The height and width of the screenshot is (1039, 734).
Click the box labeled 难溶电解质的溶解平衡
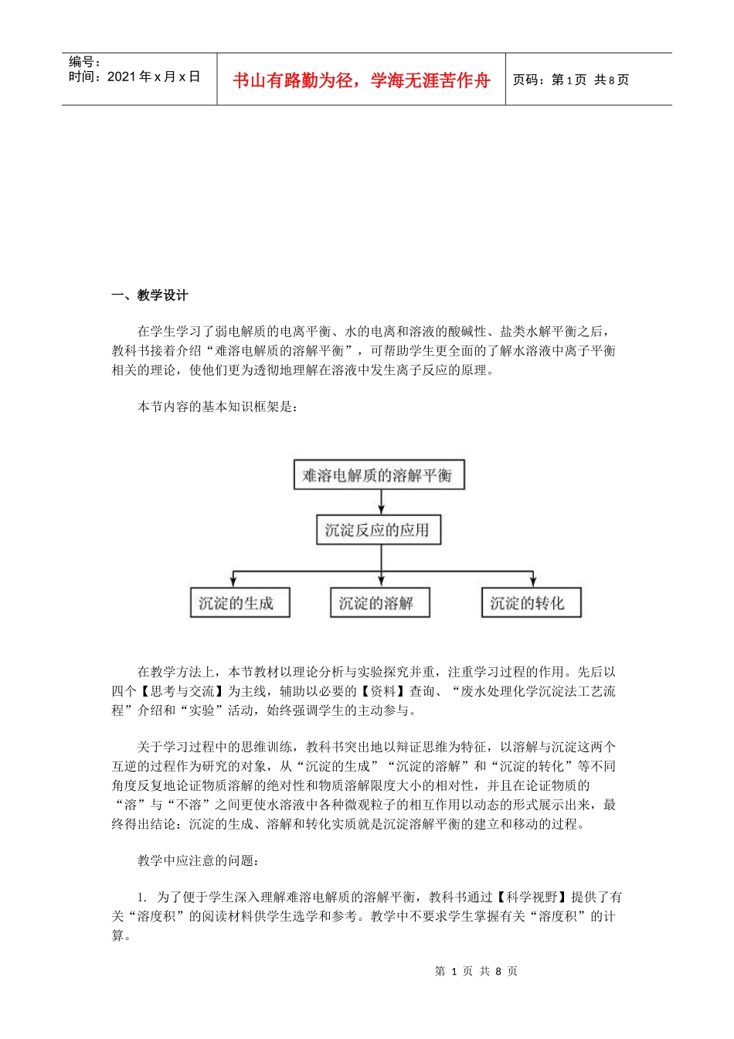coord(378,475)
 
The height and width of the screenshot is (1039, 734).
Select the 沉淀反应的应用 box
coord(378,530)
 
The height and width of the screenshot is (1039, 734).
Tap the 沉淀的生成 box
coord(240,603)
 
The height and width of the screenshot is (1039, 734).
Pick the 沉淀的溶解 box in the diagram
coord(379,603)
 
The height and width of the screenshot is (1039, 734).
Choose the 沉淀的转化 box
coord(530,603)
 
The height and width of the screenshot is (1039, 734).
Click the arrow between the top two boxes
coord(381,502)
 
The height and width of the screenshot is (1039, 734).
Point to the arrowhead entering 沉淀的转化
coord(532,581)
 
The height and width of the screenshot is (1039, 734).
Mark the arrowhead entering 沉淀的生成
coord(233,581)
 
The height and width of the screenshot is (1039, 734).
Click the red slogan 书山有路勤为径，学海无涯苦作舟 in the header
coord(362,80)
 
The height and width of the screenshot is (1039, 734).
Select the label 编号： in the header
coord(85,61)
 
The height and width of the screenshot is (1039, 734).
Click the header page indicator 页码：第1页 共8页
coord(571,80)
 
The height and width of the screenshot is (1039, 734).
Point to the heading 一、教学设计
coord(150,295)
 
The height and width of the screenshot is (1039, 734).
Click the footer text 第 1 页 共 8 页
coord(476,971)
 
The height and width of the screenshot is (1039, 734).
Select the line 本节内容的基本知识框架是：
coord(217,407)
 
